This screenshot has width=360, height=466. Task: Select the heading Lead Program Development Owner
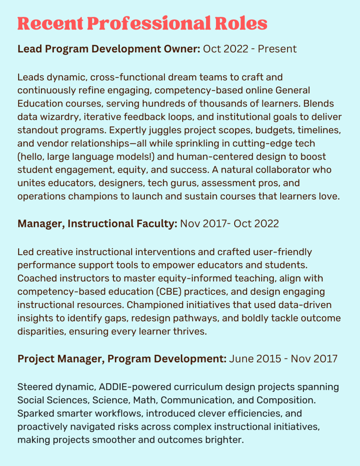tap(108, 49)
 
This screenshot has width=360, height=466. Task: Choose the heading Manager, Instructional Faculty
tap(97, 224)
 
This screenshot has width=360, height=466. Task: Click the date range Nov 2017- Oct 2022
tap(230, 224)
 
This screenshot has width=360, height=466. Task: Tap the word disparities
tap(41, 332)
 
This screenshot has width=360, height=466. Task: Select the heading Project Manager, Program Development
tap(122, 359)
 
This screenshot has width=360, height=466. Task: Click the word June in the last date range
tap(242, 359)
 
